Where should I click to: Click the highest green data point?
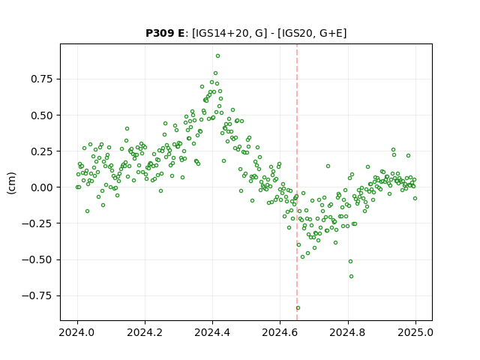coord(217,56)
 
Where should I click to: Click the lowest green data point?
coord(298,308)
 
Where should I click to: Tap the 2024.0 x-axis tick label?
coord(77,332)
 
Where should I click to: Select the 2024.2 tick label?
coord(145,332)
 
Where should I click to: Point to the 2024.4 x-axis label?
coord(212,332)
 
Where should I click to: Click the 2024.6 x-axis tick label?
coord(280,332)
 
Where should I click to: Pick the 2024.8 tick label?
coord(348,332)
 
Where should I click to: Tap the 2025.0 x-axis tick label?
coord(415,332)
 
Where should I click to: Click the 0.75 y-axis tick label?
coord(42,79)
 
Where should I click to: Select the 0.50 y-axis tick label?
coord(42,115)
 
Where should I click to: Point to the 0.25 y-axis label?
coord(42,151)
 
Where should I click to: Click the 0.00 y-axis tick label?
coord(42,187)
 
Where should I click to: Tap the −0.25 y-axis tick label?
coord(37,223)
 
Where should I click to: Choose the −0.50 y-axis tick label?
coord(37,260)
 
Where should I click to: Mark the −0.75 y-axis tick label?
coord(37,295)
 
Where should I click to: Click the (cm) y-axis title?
coord(11,183)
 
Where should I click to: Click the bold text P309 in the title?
coord(160,33)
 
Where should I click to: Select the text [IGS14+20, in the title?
coord(220,33)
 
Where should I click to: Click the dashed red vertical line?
coord(297,182)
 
